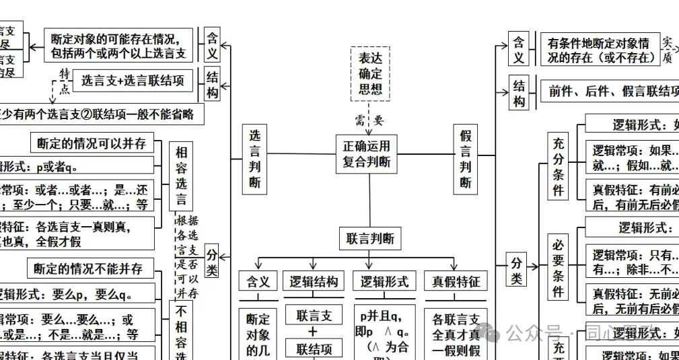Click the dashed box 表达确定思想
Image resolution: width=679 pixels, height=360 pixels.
pyautogui.click(x=370, y=73)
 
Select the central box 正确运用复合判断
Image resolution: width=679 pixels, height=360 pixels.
pyautogui.click(x=366, y=153)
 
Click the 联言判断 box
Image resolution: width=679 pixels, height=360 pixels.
pyautogui.click(x=370, y=239)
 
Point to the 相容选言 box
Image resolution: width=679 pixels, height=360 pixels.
pyautogui.click(x=181, y=176)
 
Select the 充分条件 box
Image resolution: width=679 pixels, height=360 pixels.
pyautogui.click(x=558, y=167)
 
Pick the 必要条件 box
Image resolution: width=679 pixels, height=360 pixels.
pyautogui.click(x=558, y=267)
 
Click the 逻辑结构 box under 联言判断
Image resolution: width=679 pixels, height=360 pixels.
pyautogui.click(x=314, y=281)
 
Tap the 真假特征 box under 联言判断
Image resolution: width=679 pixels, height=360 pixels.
pyautogui.click(x=456, y=281)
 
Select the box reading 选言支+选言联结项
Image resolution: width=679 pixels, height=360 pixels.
pyautogui.click(x=133, y=81)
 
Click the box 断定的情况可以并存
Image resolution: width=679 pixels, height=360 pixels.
pyautogui.click(x=92, y=143)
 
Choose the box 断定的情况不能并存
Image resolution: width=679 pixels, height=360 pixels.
pyautogui.click(x=89, y=268)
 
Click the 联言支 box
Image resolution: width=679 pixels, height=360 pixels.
pyautogui.click(x=314, y=316)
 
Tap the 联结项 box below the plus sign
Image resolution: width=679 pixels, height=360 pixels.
pyautogui.click(x=314, y=349)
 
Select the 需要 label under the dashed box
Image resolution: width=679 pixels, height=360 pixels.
pyautogui.click(x=369, y=120)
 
